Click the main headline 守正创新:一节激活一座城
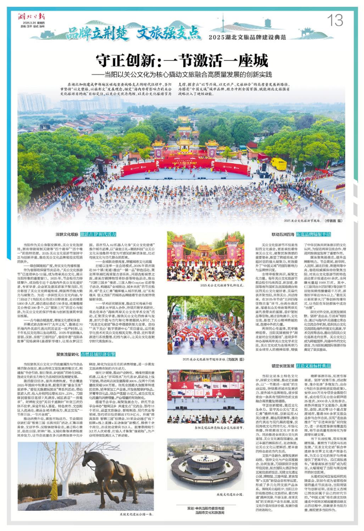(182, 60)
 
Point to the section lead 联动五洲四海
(283, 234)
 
